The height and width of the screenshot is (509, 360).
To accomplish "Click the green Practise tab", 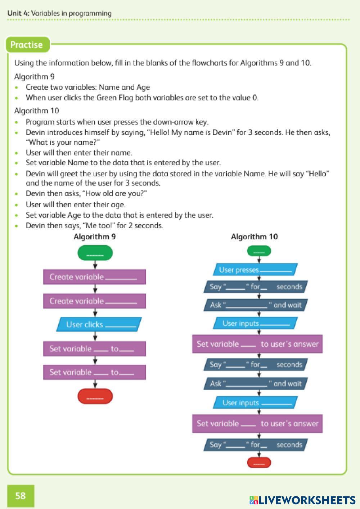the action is [27, 45].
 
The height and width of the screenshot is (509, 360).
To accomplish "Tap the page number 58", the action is [21, 496].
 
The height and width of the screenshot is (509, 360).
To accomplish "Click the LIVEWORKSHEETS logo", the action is [302, 500].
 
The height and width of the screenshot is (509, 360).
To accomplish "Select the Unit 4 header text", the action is [59, 13].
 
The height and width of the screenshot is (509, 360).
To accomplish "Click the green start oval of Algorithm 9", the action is [95, 253].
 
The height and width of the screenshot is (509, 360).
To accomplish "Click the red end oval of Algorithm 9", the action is [95, 396].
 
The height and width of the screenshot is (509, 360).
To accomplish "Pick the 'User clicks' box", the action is [99, 324].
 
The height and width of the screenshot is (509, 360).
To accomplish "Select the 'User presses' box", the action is [255, 270].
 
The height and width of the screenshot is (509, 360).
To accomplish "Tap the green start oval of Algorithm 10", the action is [259, 251].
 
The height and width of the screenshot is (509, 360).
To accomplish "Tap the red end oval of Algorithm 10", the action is [259, 463].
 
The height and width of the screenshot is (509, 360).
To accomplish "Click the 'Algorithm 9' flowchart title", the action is [95, 237].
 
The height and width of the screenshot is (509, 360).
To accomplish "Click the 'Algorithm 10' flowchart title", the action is [254, 237].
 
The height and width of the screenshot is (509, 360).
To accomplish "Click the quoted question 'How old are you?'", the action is [114, 194].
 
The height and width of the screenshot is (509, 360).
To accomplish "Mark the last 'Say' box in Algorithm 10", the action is [256, 445].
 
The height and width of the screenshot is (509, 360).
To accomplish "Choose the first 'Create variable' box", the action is [95, 277].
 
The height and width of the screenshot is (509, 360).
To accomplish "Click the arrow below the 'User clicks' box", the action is [95, 336].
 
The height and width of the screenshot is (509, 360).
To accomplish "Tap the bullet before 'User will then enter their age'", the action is [16, 205].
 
